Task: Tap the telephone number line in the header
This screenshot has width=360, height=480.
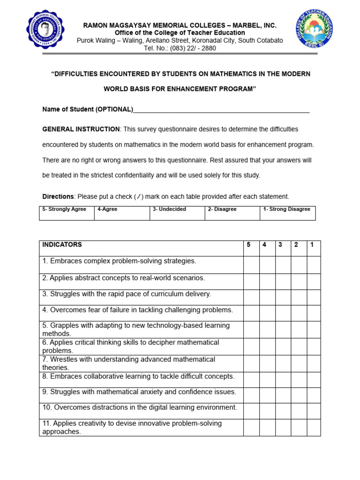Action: (180, 48)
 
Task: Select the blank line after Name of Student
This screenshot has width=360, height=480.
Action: (221, 109)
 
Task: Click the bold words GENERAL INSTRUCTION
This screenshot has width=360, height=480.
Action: (81, 129)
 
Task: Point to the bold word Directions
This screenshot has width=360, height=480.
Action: (58, 196)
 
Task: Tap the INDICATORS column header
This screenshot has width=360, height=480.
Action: (62, 245)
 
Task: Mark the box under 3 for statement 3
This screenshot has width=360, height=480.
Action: (283, 297)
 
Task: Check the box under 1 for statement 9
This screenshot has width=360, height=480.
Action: (314, 395)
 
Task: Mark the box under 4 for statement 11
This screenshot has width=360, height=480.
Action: (267, 427)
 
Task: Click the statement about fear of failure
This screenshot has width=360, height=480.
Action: (131, 310)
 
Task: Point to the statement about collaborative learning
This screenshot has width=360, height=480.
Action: (138, 376)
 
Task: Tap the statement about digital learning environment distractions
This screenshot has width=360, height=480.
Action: (140, 407)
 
